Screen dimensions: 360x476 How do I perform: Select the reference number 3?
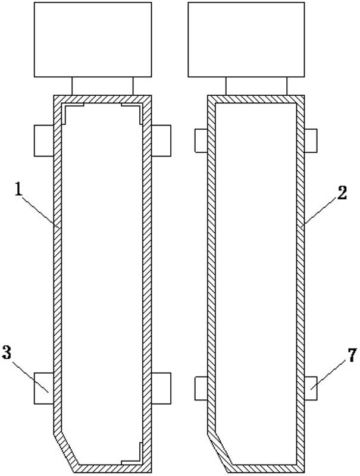click(7, 352)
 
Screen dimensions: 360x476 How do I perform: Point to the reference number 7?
click(352, 355)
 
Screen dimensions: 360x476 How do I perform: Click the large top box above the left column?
click(92, 39)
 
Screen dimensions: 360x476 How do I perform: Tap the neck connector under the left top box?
click(102, 86)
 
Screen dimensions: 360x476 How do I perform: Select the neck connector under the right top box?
click(256, 86)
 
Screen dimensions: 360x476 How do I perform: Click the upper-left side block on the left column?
click(44, 140)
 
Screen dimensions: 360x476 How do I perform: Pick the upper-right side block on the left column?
click(161, 140)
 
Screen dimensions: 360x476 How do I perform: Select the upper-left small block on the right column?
click(201, 140)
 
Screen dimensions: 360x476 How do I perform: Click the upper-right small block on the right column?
click(311, 140)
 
